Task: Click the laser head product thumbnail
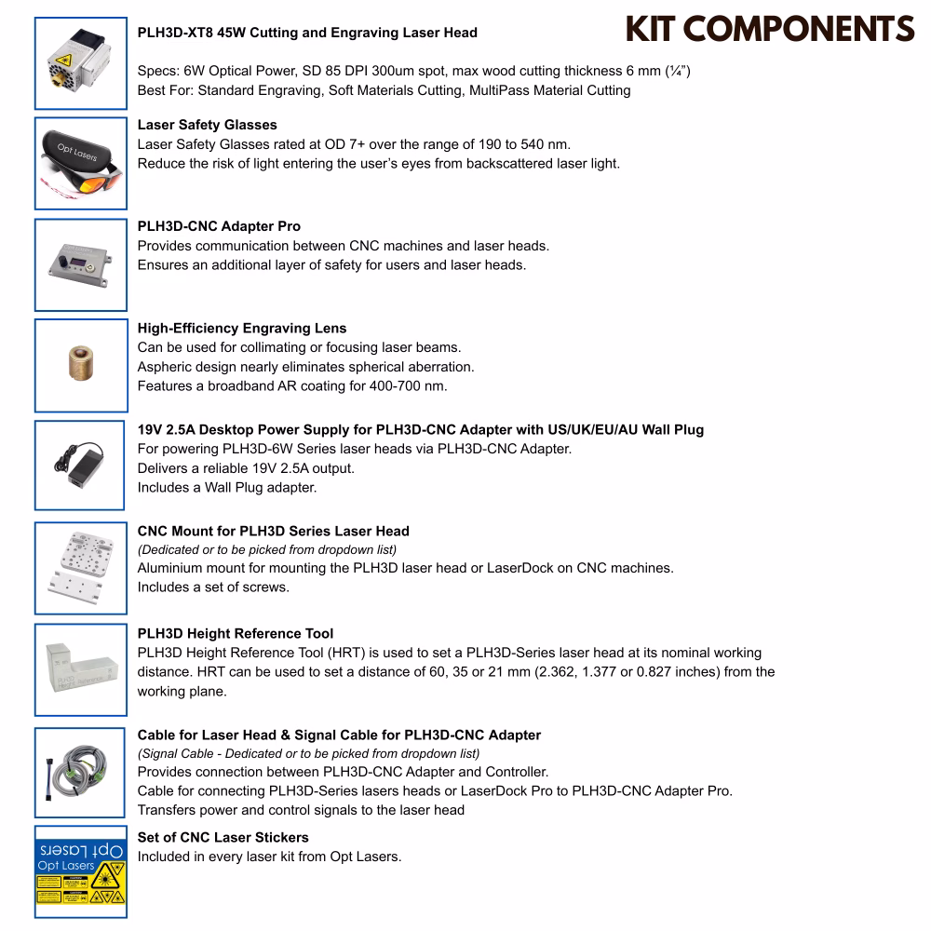click(x=80, y=61)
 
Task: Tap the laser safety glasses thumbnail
click(x=80, y=163)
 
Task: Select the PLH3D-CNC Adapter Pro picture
click(x=80, y=264)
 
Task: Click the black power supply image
click(x=80, y=465)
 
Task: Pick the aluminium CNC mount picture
click(x=80, y=567)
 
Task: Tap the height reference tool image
click(x=80, y=668)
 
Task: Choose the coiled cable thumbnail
click(x=80, y=770)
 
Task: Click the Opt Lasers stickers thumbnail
click(x=80, y=871)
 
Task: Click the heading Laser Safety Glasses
click(x=207, y=125)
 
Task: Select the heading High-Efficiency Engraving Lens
click(x=242, y=328)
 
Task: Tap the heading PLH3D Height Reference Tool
click(x=236, y=633)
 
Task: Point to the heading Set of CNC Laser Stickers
click(x=223, y=837)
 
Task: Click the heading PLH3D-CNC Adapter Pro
click(x=219, y=226)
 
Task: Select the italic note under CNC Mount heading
click(x=267, y=549)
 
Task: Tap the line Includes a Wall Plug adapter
click(x=227, y=487)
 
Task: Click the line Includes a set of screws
click(x=213, y=587)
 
